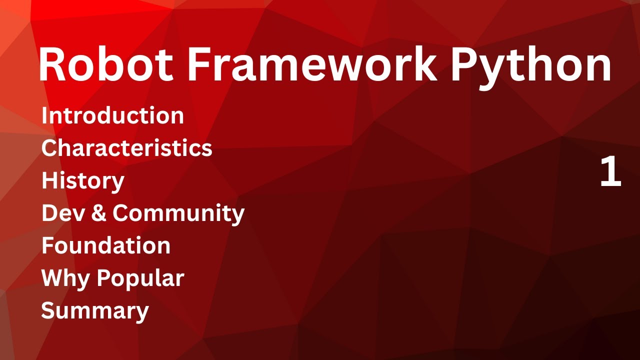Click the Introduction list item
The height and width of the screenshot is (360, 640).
(112, 115)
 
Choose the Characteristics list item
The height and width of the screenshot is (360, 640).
(126, 148)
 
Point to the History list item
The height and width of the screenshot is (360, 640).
(82, 181)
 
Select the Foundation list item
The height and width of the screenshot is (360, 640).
(105, 245)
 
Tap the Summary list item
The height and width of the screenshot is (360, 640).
(94, 310)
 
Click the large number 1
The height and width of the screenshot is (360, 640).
(610, 171)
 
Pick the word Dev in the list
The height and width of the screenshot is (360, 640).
(58, 213)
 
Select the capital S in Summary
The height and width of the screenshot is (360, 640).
(48, 310)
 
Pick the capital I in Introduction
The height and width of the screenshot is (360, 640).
(45, 115)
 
